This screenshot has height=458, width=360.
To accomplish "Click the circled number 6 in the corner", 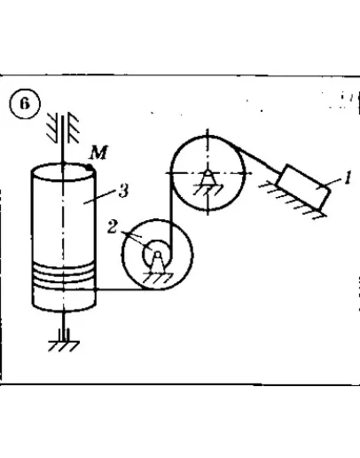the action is click(25, 104).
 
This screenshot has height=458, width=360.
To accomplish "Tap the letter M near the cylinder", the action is click(99, 153).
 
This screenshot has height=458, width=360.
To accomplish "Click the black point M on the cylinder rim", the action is click(90, 168).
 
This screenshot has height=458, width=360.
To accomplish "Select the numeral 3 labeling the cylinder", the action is click(123, 190).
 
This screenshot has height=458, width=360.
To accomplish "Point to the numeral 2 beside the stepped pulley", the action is click(113, 227).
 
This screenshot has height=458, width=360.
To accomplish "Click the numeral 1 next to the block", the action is click(348, 178).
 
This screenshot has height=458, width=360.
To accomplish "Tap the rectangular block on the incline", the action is click(303, 186).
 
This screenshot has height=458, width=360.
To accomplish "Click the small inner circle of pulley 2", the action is click(158, 254).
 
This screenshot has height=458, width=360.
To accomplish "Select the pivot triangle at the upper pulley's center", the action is click(207, 178).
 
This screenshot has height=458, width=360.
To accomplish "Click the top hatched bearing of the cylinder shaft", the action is click(63, 127).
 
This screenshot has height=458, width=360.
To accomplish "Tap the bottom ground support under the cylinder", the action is click(64, 340).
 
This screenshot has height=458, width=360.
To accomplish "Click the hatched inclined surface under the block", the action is click(293, 201).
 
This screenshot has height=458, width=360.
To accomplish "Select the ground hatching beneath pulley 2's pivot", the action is click(158, 278).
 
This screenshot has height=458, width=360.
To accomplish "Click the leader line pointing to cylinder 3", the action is click(99, 196).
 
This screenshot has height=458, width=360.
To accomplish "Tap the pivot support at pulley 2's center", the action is click(158, 262).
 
